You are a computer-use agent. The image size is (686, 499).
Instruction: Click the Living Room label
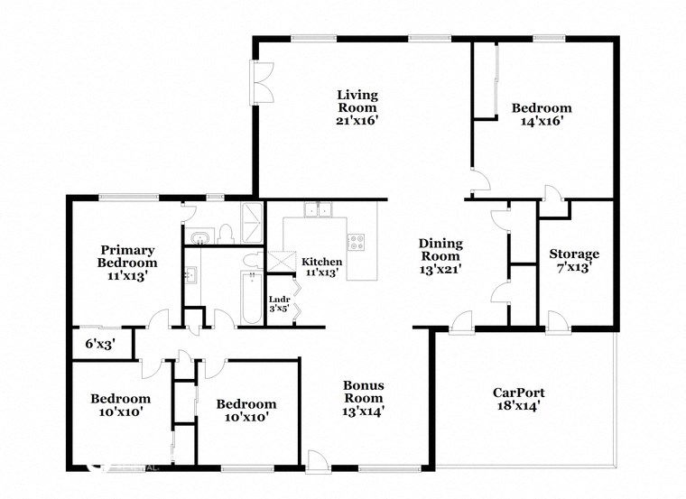(357, 100)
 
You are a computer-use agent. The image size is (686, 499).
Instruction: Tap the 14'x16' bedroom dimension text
(542, 121)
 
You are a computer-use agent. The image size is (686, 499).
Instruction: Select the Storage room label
(574, 254)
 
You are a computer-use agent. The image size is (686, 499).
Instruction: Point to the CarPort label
(518, 392)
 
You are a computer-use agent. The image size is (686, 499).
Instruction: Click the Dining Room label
(440, 249)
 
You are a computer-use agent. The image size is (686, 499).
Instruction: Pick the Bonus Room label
(363, 392)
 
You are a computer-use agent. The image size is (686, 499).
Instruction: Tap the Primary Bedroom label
(128, 256)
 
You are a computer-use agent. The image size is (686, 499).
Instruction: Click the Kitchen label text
(321, 262)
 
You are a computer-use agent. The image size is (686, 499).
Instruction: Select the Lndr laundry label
(279, 301)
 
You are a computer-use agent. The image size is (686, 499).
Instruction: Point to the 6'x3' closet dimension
(100, 343)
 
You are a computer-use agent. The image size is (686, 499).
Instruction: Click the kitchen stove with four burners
(357, 242)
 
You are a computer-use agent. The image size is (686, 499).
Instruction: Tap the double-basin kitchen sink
(318, 211)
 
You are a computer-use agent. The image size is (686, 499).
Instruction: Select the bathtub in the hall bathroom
(250, 297)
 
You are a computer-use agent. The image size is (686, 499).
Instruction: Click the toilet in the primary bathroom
(226, 236)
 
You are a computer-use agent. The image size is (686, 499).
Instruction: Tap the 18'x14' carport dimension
(518, 407)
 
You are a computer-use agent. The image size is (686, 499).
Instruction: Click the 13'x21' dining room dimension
(440, 270)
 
